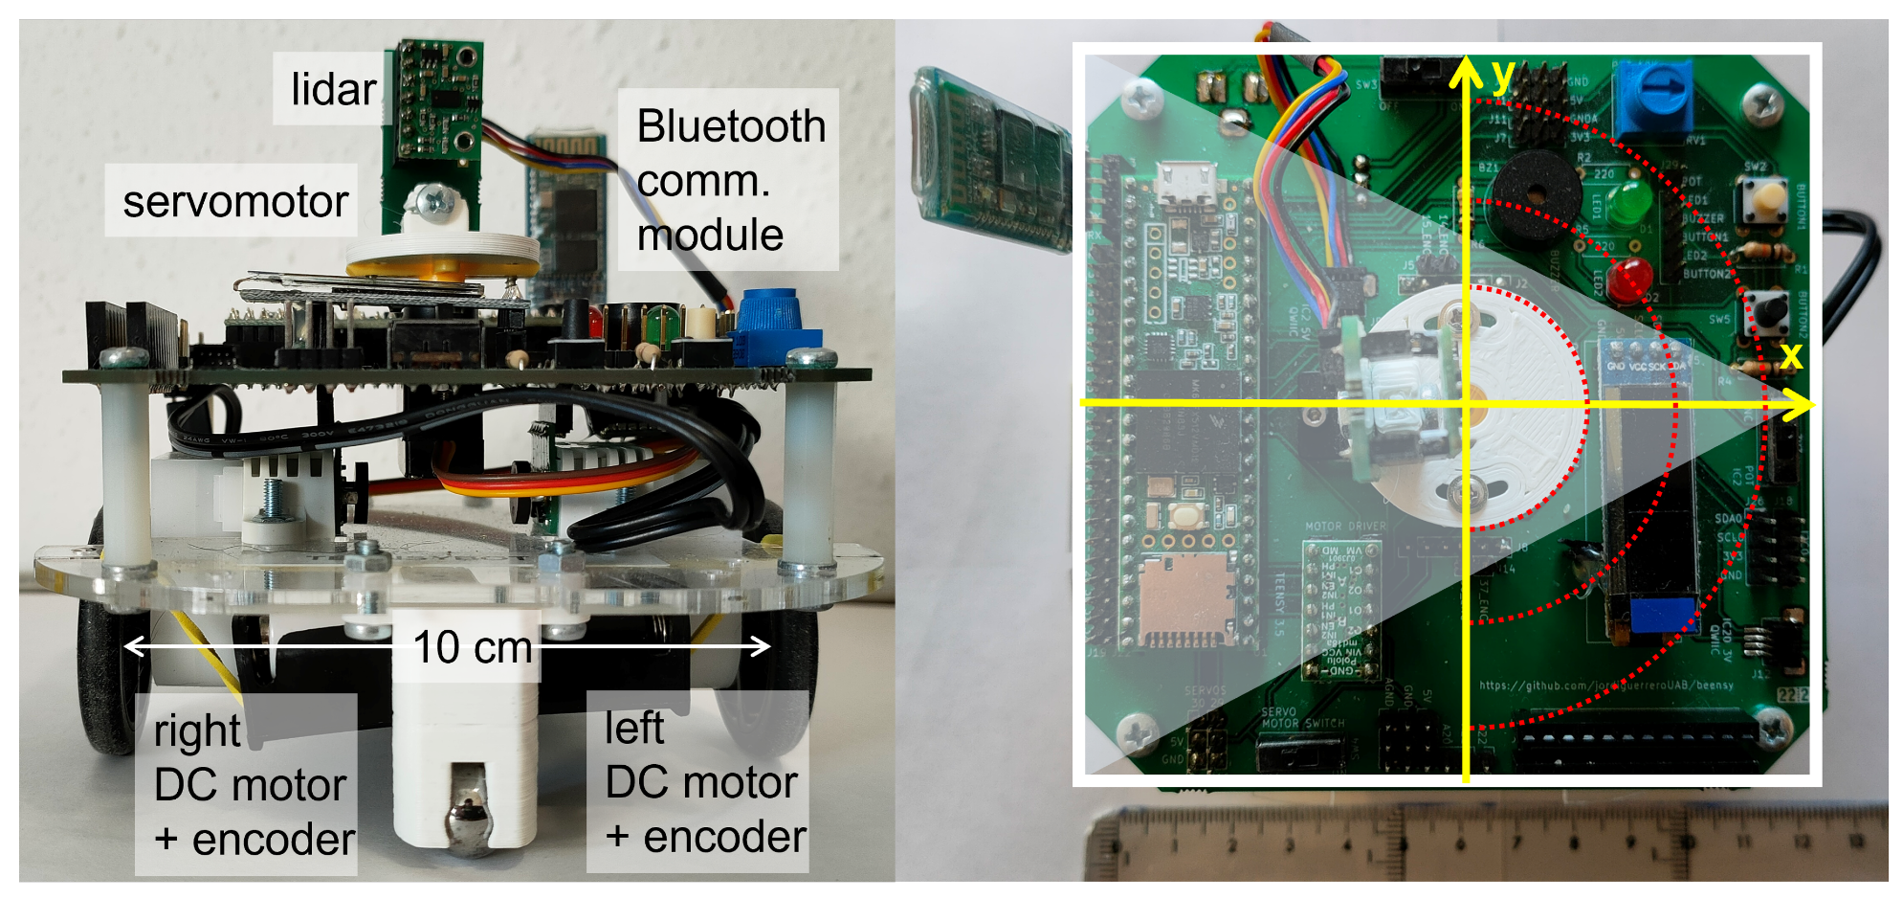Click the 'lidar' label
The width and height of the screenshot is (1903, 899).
pos(333,89)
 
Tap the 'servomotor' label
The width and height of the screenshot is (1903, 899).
pos(234,201)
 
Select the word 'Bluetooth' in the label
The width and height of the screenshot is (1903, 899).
pos(731,126)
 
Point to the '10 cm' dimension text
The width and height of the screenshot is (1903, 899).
pos(472,647)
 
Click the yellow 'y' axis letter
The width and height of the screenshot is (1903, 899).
pos(1503,74)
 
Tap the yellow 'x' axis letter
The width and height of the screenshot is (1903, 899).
pos(1790,355)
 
